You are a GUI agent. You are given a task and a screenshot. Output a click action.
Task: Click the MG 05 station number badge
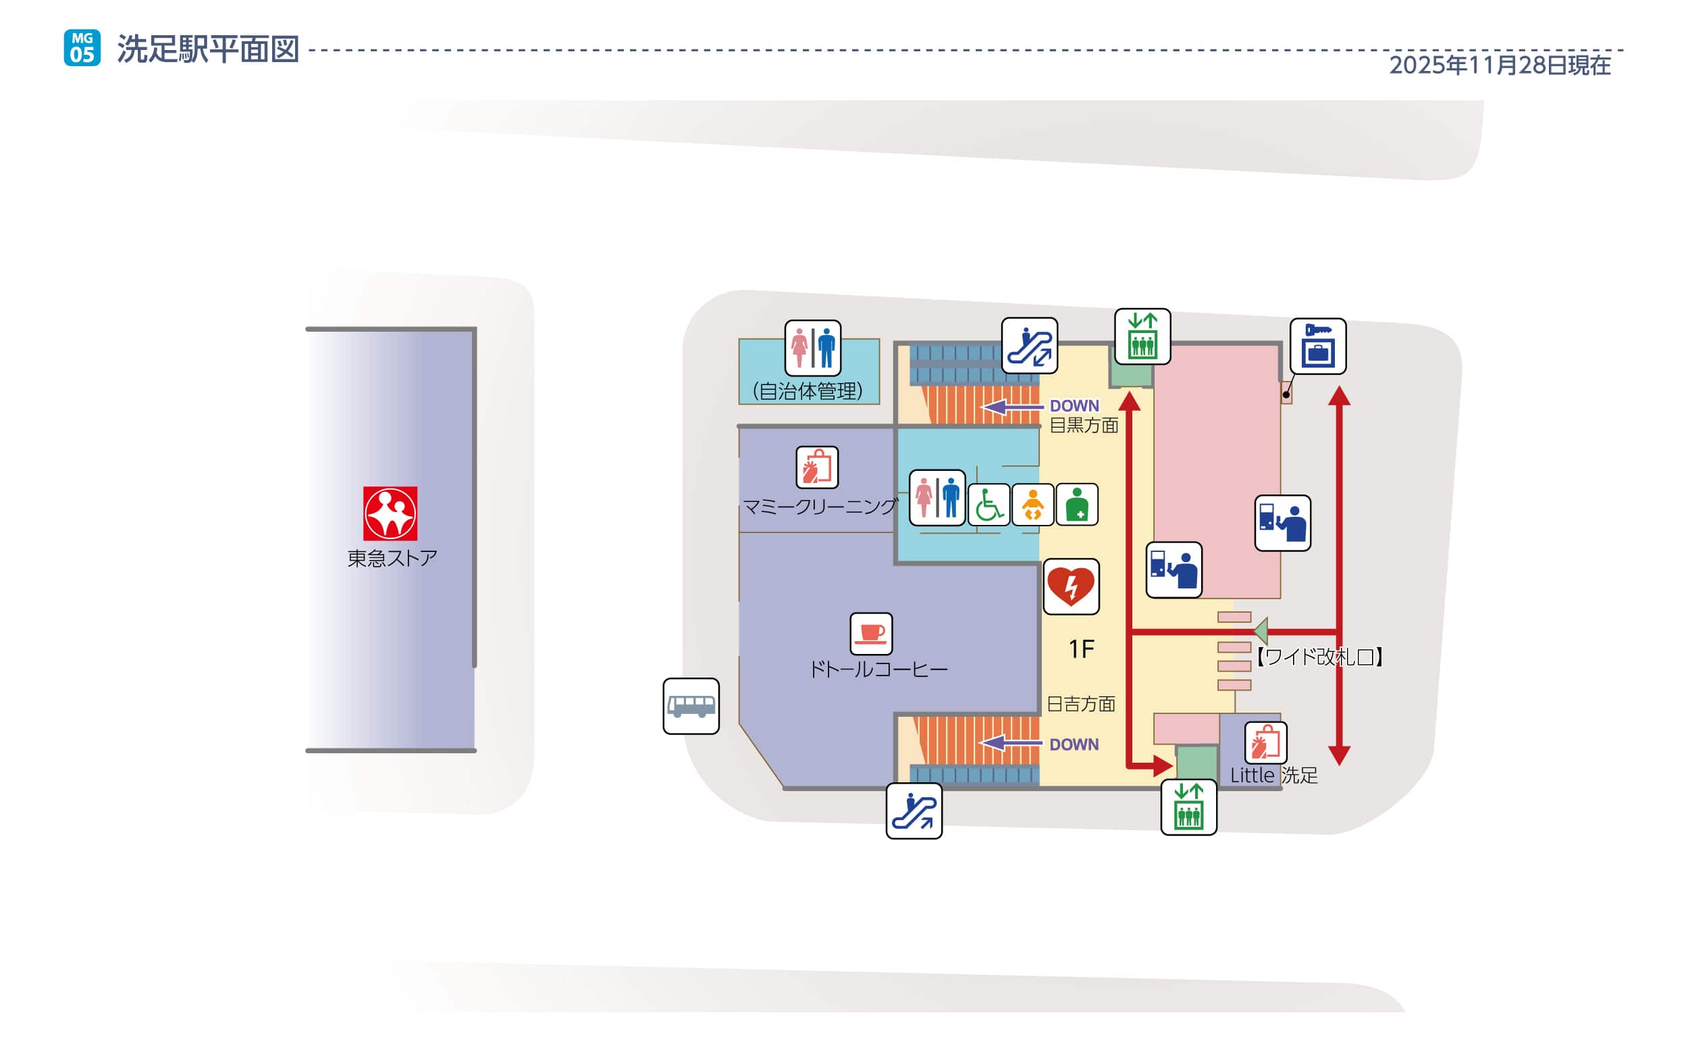(x=82, y=47)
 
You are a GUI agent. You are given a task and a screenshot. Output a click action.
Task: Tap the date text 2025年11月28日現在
(x=1499, y=65)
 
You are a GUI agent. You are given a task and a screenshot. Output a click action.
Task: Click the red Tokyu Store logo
(x=390, y=513)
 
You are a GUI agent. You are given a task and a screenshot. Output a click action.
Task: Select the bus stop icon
(x=691, y=706)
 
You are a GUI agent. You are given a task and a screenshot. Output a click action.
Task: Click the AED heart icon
(x=1071, y=586)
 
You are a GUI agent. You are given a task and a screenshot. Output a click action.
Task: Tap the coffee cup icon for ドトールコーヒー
(x=871, y=633)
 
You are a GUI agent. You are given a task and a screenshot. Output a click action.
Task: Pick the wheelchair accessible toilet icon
(x=988, y=505)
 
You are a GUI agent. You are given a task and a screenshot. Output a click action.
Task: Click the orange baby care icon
(x=1033, y=505)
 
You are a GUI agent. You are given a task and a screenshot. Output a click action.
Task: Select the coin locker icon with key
(x=1317, y=347)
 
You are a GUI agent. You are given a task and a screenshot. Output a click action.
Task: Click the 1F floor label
(x=1082, y=649)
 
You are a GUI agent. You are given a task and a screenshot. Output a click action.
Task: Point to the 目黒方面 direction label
(x=1084, y=425)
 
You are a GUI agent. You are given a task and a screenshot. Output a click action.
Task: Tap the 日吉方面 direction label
(x=1081, y=704)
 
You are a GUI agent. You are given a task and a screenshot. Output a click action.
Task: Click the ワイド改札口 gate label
(x=1319, y=657)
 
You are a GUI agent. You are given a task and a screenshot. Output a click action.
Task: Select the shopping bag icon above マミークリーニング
(x=817, y=467)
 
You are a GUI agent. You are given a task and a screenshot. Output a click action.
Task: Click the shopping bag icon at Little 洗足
(x=1265, y=742)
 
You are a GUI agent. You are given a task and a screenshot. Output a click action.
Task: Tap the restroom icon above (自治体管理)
(x=813, y=348)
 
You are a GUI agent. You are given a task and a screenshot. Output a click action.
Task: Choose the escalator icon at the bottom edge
(x=914, y=811)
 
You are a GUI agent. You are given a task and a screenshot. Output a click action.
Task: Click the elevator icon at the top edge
(x=1142, y=336)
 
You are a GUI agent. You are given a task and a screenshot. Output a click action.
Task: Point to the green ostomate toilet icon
(x=1077, y=505)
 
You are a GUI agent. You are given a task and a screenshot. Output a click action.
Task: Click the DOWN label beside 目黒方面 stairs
(x=1074, y=405)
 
